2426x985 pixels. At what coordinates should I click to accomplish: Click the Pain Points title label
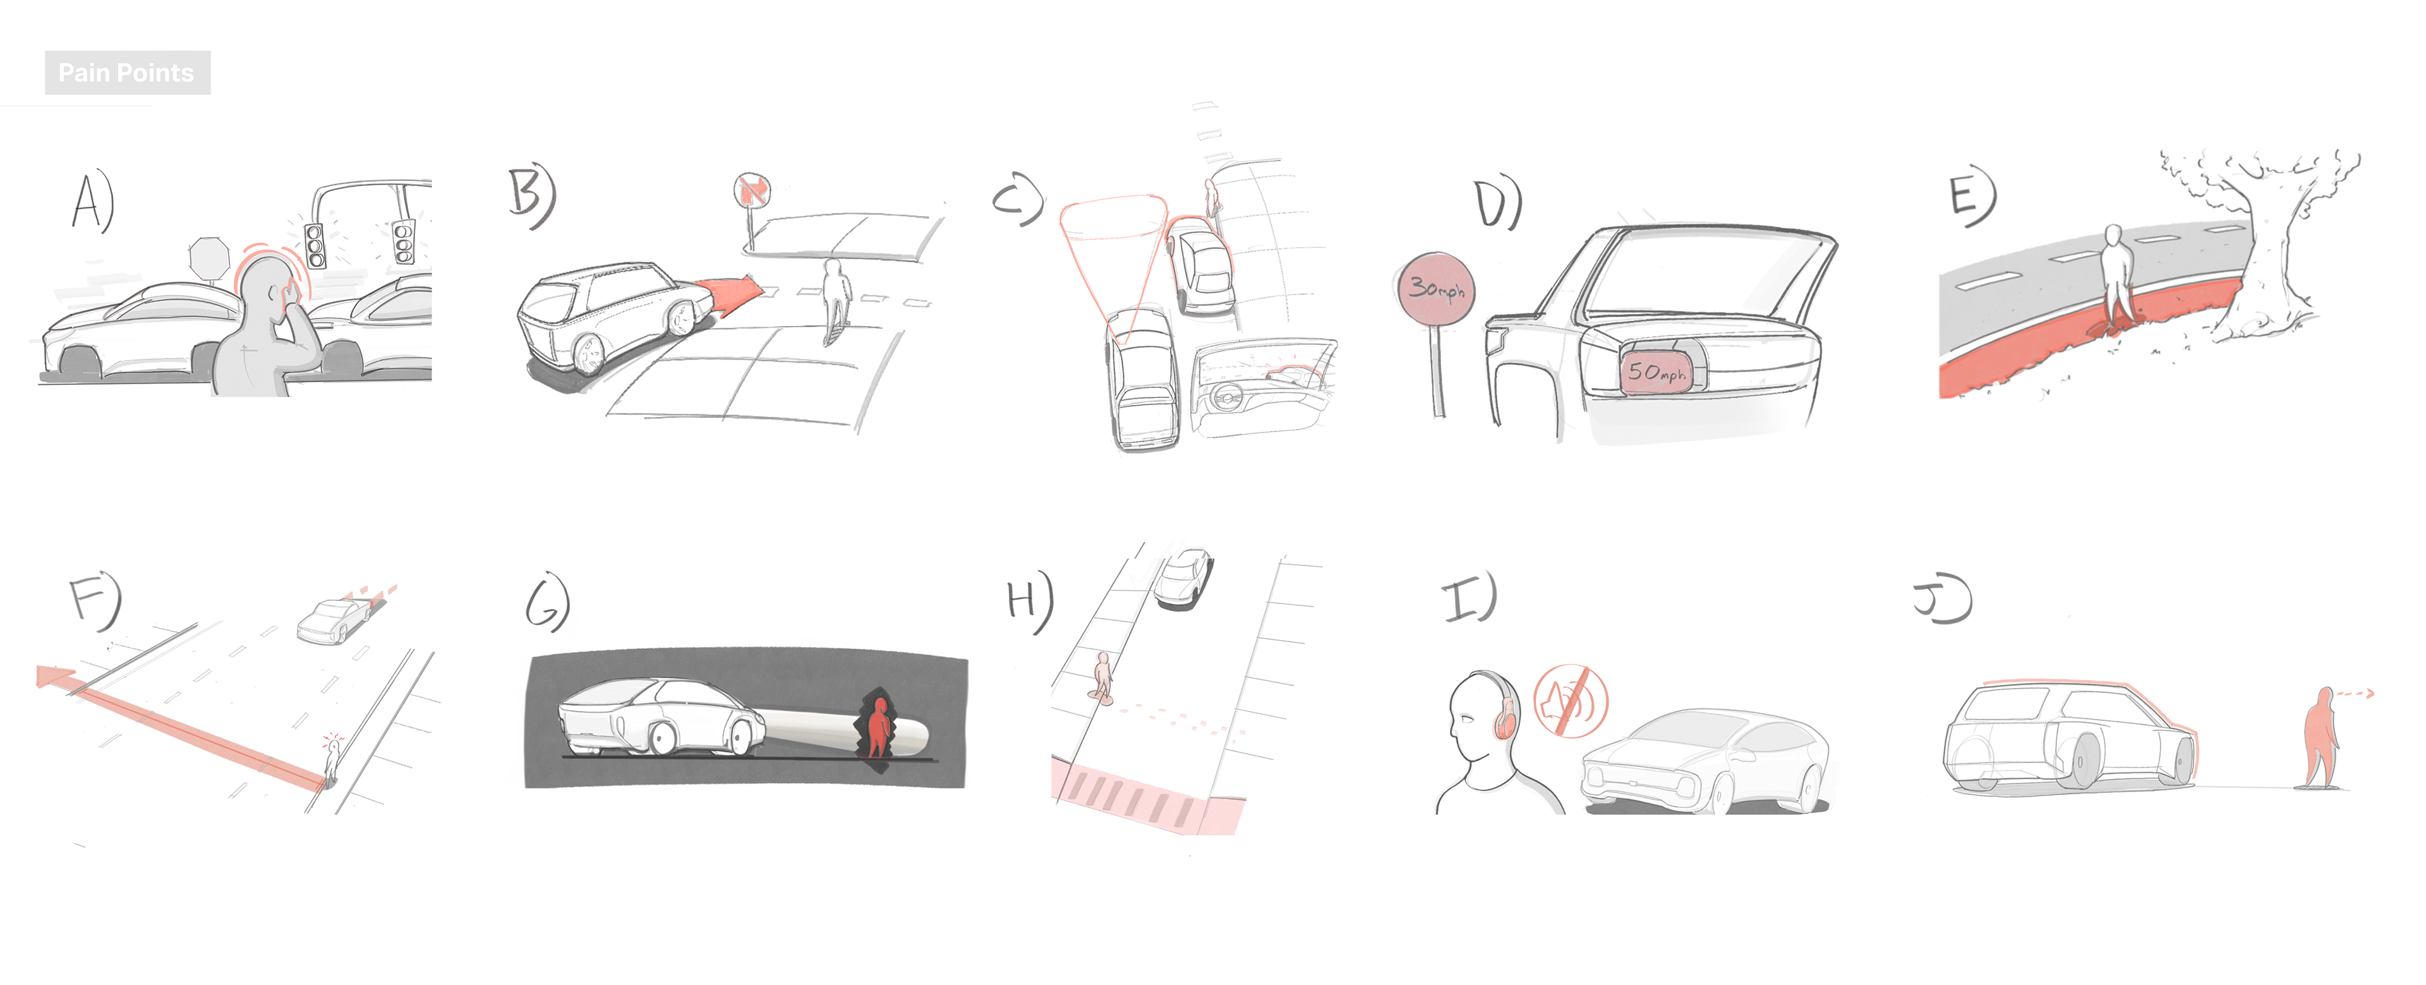click(x=127, y=73)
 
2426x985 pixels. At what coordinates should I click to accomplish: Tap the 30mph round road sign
click(x=1434, y=289)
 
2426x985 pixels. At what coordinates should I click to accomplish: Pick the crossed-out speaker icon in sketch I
click(x=1571, y=701)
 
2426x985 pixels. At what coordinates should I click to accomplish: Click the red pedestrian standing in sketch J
click(x=2322, y=735)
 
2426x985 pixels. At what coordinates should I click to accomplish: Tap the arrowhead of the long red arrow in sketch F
click(x=54, y=676)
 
